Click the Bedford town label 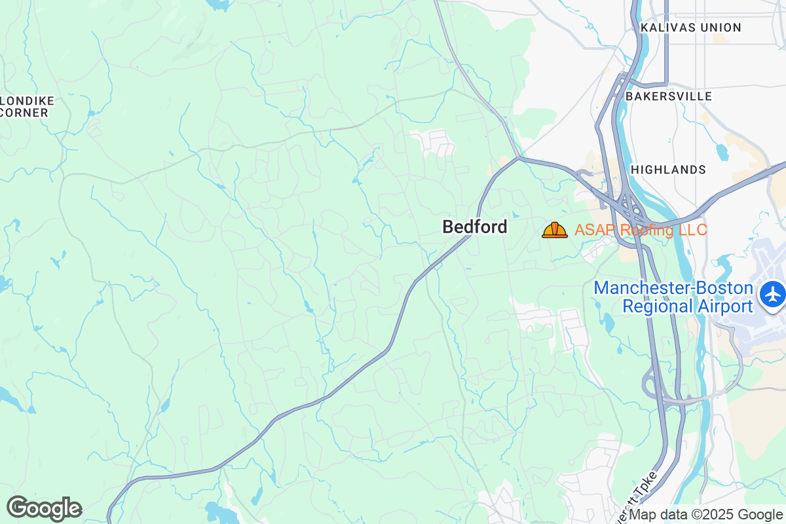tap(475, 227)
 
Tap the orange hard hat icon tap(555, 230)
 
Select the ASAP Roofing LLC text tap(641, 230)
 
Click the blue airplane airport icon tap(774, 293)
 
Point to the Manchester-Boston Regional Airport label tap(673, 297)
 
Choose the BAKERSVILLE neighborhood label tap(669, 96)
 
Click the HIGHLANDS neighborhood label tap(668, 170)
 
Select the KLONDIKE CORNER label tap(26, 107)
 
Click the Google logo tap(44, 508)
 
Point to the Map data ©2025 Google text tap(706, 515)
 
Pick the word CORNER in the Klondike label tap(25, 113)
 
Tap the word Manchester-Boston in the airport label tap(673, 288)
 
